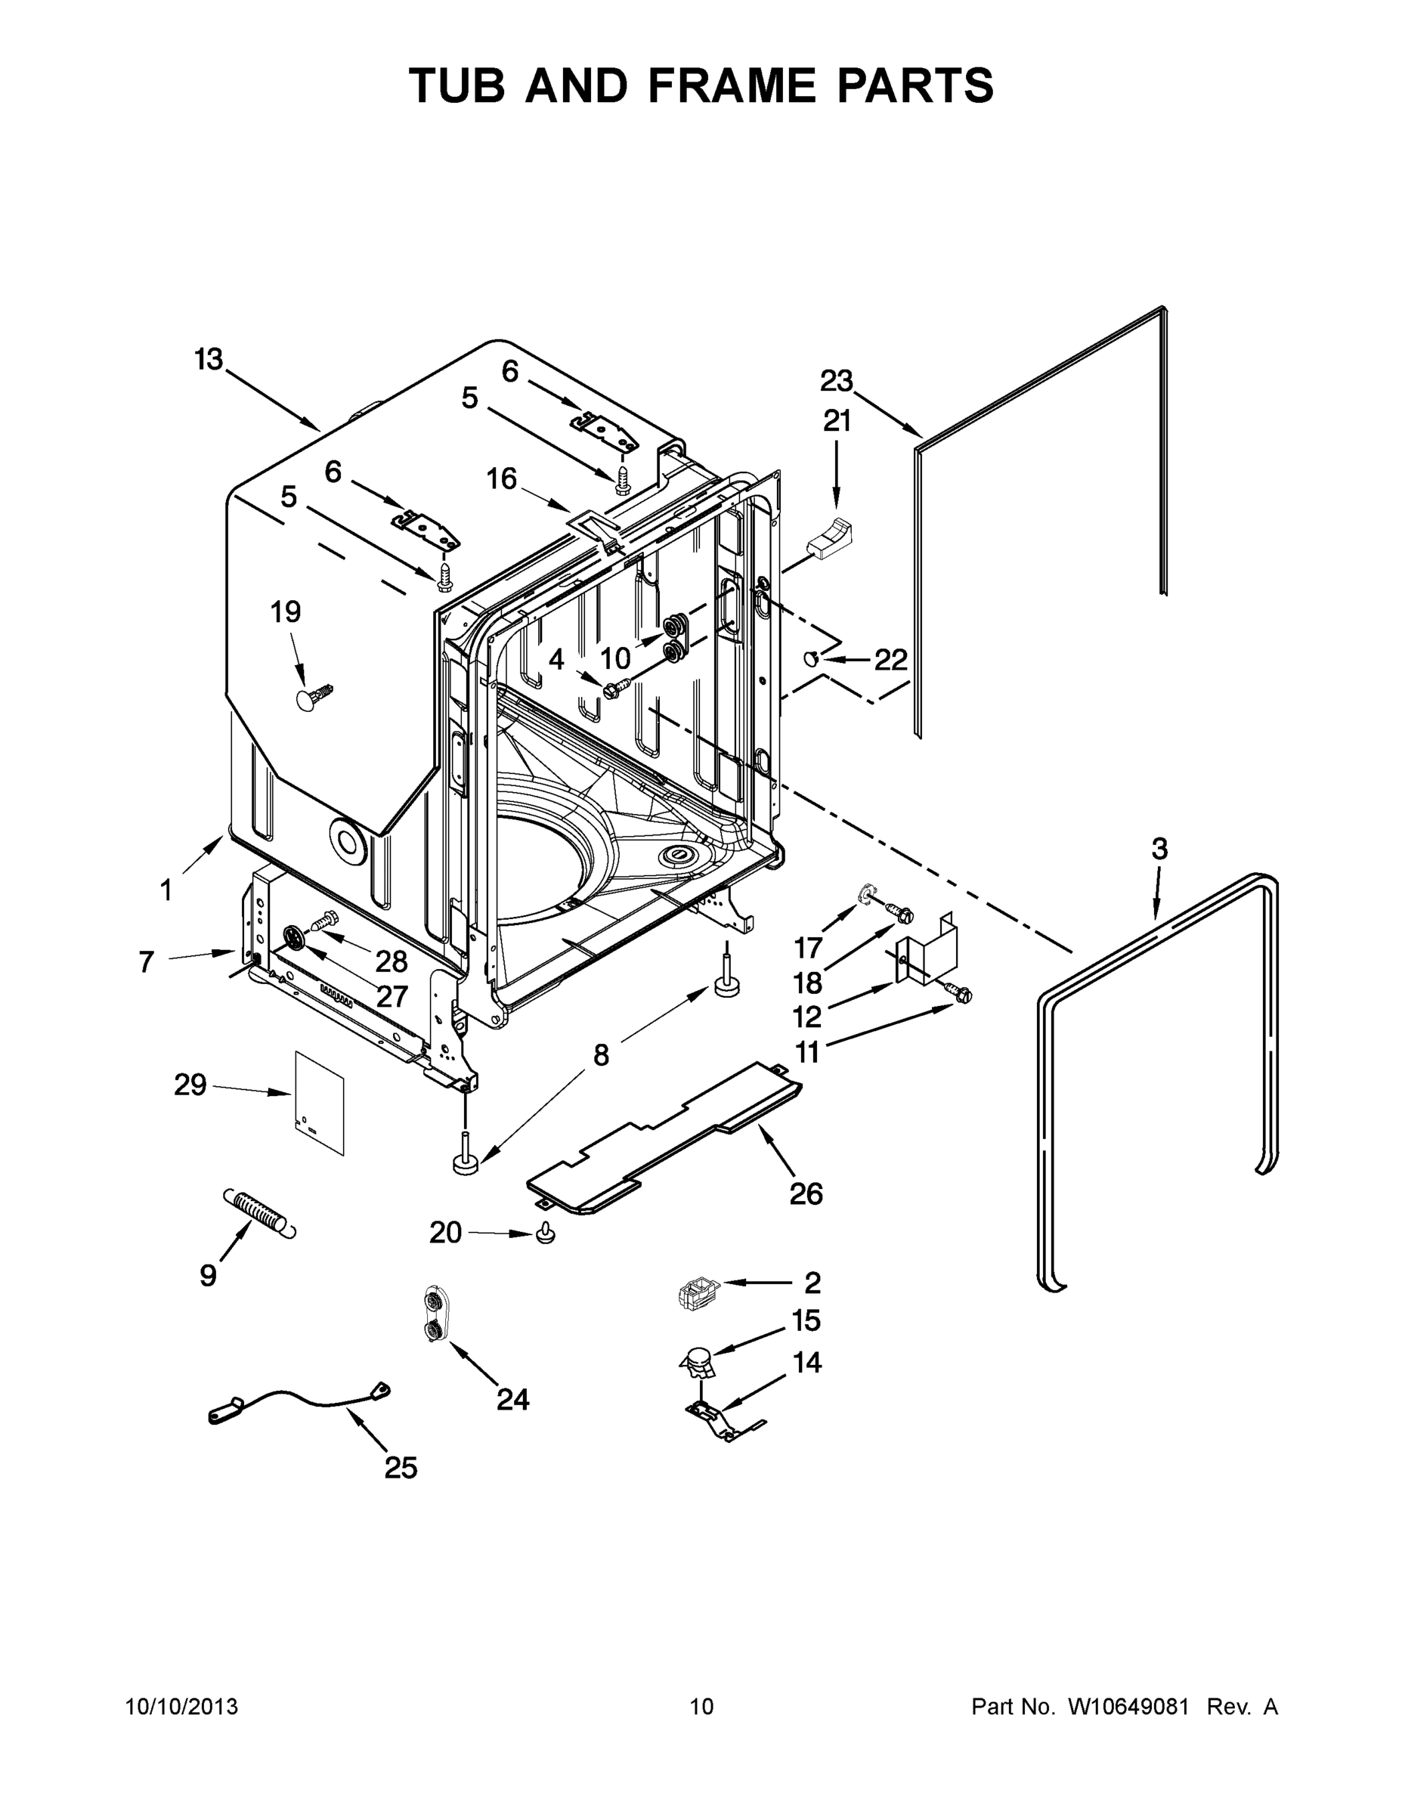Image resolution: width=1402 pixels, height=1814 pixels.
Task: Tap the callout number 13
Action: coord(209,360)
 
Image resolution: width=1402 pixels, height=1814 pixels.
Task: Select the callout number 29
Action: coord(190,1085)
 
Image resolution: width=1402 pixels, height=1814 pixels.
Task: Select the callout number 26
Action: coord(806,1193)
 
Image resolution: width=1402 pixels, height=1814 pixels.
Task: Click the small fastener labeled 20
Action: coord(545,1235)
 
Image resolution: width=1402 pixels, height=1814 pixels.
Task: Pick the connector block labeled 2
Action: coord(697,1293)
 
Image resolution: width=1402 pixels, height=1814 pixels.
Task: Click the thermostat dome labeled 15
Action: coord(698,1360)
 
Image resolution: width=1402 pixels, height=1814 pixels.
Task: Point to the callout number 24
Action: coord(512,1400)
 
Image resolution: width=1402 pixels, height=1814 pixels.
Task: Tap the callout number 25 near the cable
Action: coord(401,1469)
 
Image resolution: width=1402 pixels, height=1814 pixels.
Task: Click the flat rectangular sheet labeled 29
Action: coord(320,1103)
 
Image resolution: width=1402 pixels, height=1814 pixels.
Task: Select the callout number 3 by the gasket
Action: coord(1159,849)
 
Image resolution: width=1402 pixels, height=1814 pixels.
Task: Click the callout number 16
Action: coord(502,478)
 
